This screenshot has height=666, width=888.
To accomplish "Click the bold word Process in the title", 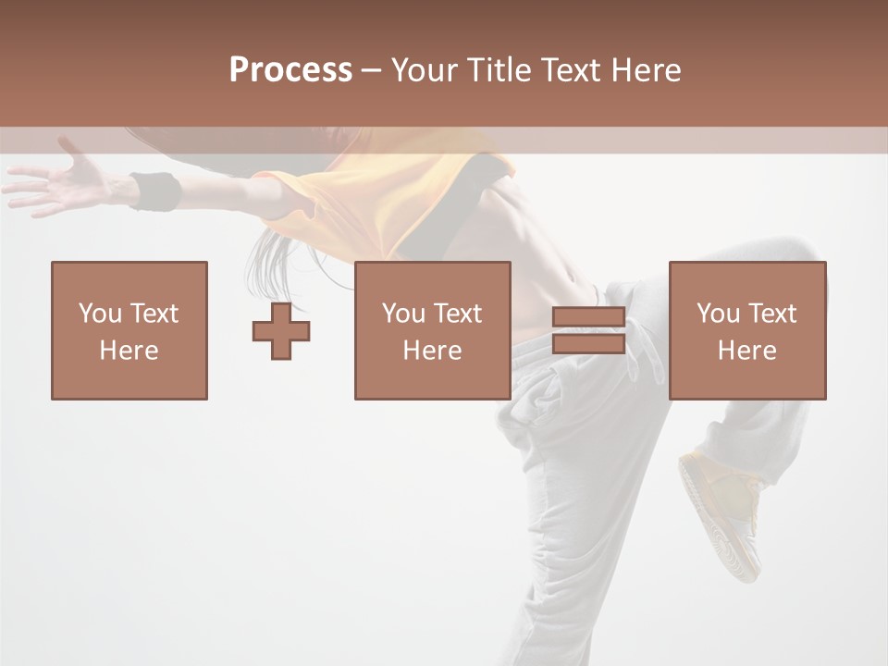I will (x=290, y=70).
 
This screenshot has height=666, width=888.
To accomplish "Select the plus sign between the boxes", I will (x=281, y=331).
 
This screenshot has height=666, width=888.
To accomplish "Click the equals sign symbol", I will (x=588, y=330).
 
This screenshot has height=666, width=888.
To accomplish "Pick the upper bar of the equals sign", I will (x=588, y=317).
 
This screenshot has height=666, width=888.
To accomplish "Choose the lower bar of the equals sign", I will (x=588, y=344).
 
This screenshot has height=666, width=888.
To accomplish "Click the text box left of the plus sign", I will (x=129, y=330).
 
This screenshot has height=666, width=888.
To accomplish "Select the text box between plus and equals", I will (x=432, y=330).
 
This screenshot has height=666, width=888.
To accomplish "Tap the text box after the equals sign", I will (x=746, y=330).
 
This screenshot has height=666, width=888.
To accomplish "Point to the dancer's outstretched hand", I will (x=60, y=180).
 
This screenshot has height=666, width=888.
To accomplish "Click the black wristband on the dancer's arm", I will (x=155, y=191).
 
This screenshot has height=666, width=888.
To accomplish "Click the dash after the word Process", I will (x=371, y=70).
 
